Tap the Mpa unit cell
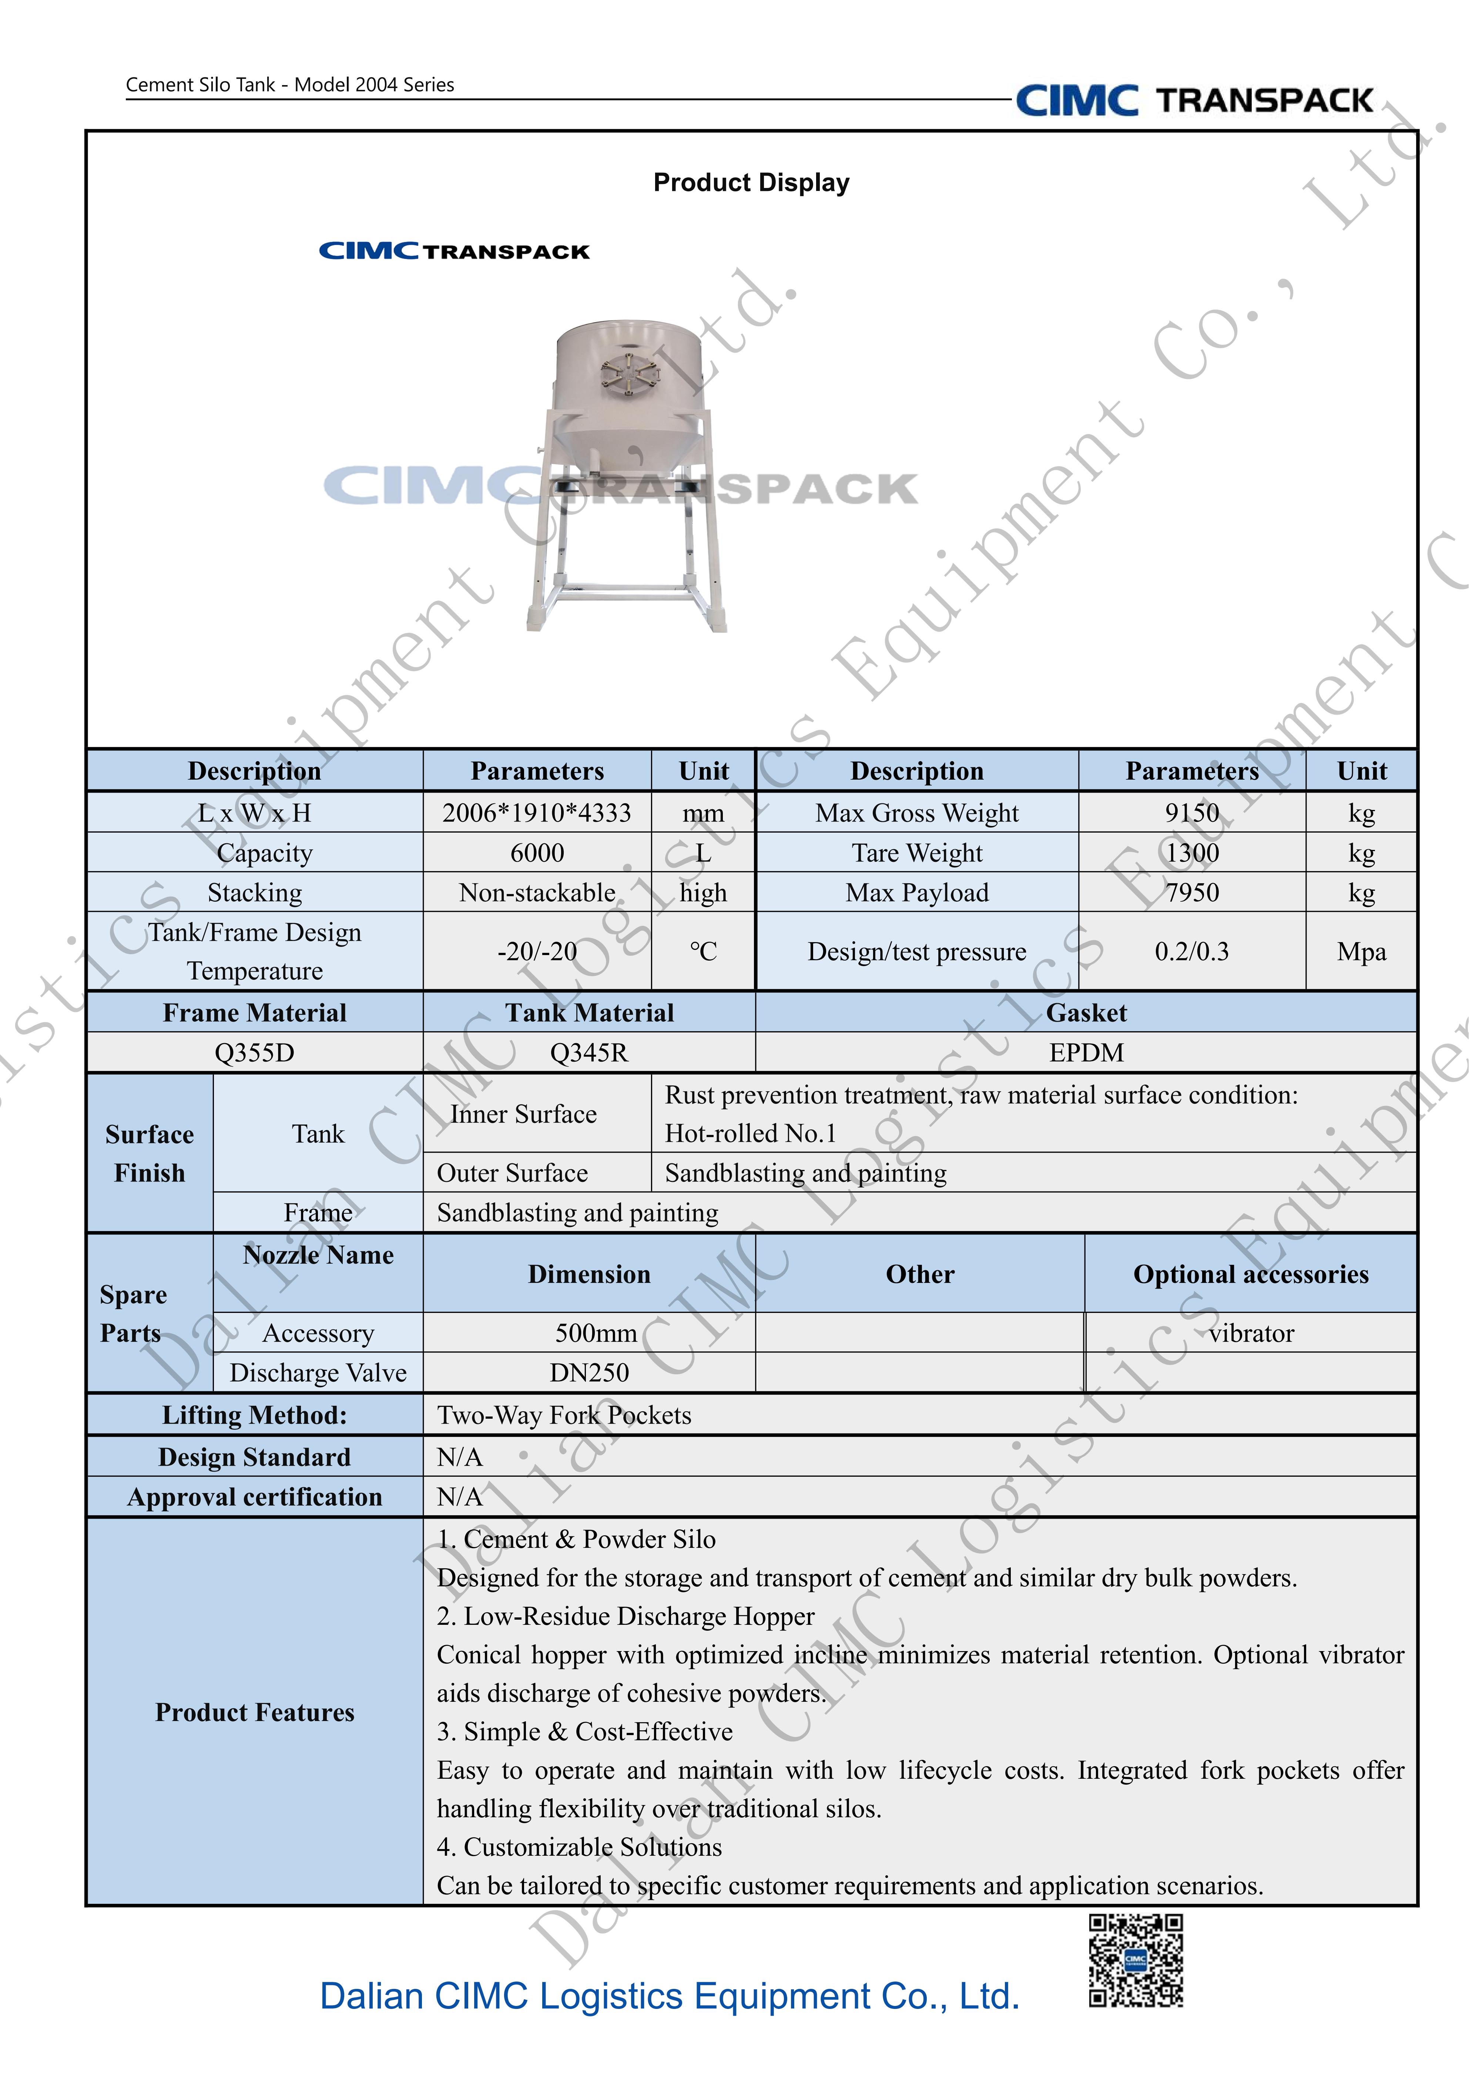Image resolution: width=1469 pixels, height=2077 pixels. pos(1361,952)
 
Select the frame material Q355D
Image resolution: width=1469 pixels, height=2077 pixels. pos(254,1053)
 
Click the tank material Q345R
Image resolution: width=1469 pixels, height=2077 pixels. pos(589,1053)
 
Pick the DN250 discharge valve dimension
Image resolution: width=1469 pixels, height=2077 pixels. pos(589,1373)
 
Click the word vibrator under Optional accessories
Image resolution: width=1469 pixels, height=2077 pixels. pos(1251,1333)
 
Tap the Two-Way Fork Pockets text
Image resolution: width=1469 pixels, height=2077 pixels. pos(564,1416)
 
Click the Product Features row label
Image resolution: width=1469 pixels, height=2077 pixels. pos(254,1713)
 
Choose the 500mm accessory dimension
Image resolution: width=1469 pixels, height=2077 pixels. pos(596,1333)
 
